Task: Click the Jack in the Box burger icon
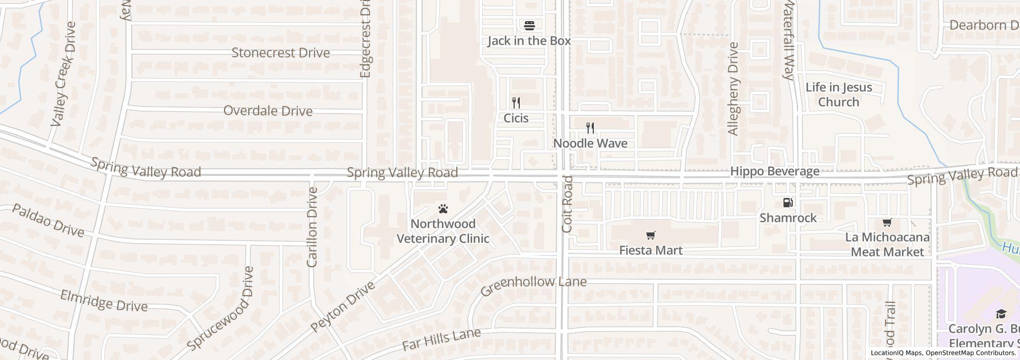tap(530, 25)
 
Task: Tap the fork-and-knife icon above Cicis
tap(516, 103)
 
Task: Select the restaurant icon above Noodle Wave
tap(590, 128)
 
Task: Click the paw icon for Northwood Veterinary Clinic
tap(443, 209)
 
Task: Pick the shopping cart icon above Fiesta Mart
tap(650, 236)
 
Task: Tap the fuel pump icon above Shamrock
tap(788, 203)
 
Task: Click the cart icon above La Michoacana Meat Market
tap(887, 223)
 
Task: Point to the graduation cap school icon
tap(1000, 314)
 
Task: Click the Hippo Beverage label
tap(775, 171)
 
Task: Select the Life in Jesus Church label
tap(839, 95)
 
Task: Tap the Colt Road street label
tap(568, 204)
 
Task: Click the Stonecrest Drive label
tap(281, 52)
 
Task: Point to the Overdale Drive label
tap(268, 111)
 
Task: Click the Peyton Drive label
tap(343, 307)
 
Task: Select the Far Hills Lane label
tap(442, 339)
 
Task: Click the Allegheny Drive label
tap(733, 88)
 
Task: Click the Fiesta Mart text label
tap(651, 250)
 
